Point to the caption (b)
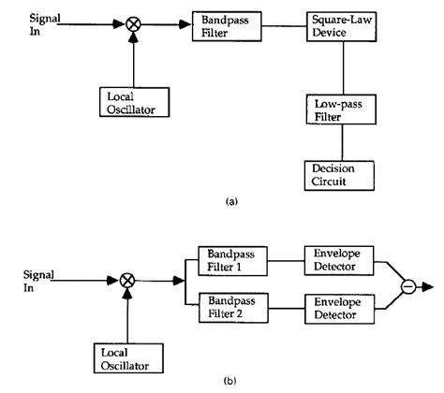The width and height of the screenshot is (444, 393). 219,382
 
